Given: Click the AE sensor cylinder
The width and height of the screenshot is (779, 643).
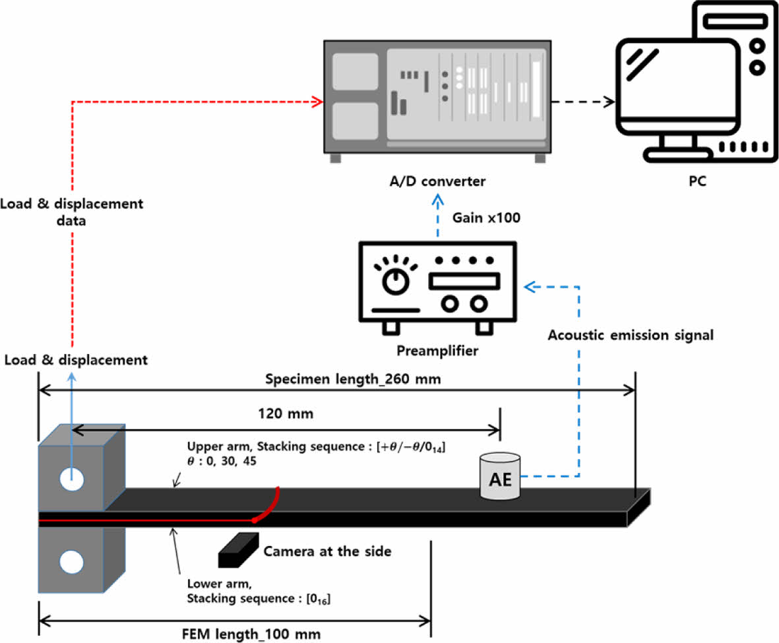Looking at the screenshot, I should tap(499, 475).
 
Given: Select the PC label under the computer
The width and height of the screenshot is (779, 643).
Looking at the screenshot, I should tap(692, 181).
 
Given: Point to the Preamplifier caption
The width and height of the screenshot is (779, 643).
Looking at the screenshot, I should tap(437, 351).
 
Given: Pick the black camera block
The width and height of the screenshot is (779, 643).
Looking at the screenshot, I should tap(238, 549).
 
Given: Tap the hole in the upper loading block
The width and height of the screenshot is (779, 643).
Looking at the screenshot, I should tap(71, 479).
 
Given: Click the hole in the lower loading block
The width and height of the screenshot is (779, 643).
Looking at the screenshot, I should tap(71, 563).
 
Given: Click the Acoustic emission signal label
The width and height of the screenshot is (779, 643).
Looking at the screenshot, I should tap(631, 335).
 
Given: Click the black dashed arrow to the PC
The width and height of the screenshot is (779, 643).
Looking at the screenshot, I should tap(581, 102).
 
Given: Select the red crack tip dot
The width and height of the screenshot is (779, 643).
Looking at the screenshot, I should tap(255, 520).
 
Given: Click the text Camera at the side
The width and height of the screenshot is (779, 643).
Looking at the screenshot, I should tap(327, 551).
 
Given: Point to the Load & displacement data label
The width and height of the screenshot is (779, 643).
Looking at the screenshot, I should tap(71, 212).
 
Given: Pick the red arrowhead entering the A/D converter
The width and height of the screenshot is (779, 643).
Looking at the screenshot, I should tap(318, 102).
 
